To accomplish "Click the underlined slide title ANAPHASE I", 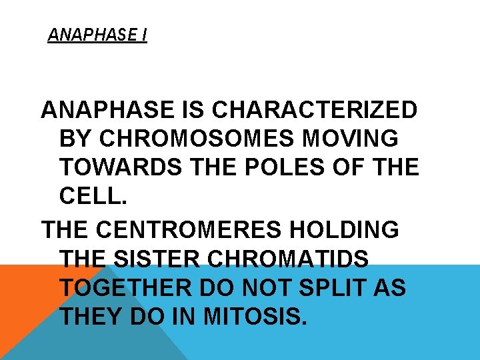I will coord(97,35).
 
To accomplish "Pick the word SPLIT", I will coord(354,287).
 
